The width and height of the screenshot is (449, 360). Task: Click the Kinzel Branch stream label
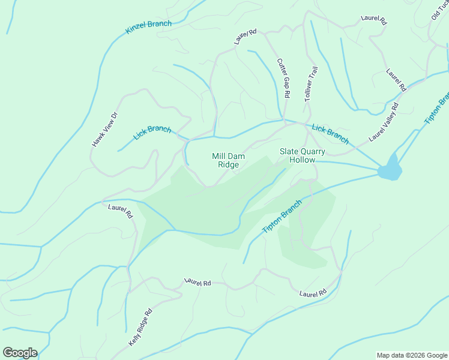[148, 28]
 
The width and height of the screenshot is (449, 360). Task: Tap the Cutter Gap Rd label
[283, 78]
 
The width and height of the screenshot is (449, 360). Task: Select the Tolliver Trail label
[310, 83]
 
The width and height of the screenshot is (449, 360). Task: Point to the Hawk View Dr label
[106, 130]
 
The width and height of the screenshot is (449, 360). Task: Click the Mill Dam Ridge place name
[228, 160]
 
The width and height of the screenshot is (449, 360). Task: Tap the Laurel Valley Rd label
[384, 122]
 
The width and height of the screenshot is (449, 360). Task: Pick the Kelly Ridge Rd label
[140, 326]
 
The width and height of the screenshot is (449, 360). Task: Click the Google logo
[20, 353]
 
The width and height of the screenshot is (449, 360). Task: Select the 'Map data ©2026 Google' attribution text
[412, 355]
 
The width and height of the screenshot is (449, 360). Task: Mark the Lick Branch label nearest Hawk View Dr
[152, 133]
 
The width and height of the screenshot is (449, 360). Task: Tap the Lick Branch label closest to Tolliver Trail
[330, 134]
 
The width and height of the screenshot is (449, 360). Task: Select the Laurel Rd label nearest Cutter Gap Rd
[246, 37]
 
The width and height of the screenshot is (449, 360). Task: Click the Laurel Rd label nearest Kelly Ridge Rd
[198, 281]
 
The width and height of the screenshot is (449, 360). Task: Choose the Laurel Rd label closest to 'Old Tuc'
[373, 19]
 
